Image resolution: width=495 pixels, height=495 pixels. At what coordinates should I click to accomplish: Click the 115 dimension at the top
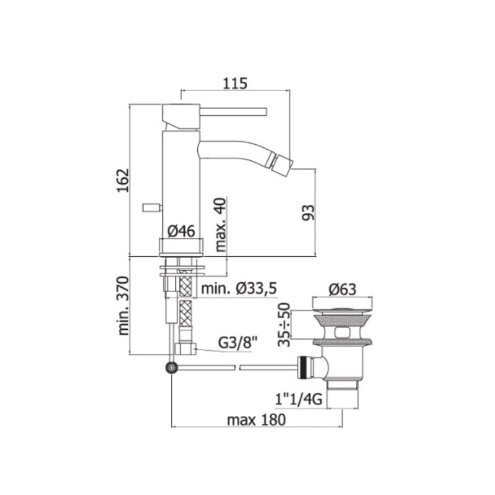coord(235,84)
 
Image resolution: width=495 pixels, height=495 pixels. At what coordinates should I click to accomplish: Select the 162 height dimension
coord(123,180)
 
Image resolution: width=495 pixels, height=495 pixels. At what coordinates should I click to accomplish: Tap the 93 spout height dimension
coord(308,212)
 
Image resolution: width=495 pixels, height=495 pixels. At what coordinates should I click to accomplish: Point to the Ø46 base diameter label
coord(181,231)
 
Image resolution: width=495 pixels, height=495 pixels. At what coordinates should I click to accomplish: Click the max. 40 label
coord(221,225)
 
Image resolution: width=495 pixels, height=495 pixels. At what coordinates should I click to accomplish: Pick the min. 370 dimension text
coord(123,306)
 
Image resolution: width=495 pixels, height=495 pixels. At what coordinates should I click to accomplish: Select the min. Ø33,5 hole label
coord(239,288)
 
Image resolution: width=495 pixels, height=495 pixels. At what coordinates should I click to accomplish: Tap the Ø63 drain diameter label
coord(342,290)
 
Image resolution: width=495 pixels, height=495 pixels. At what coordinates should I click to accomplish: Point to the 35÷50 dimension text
coord(284,324)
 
